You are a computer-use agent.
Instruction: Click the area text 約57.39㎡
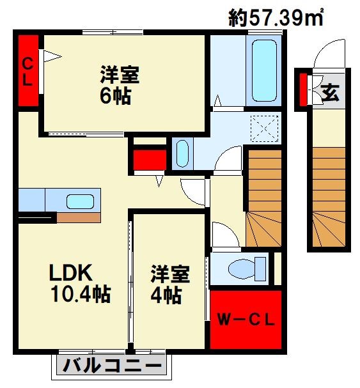[x=276, y=17]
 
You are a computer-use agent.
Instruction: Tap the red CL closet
[x=28, y=70]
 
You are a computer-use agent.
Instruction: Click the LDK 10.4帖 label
[x=80, y=283]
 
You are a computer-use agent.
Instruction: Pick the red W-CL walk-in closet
[x=246, y=320]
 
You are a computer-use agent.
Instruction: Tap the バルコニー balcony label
[x=112, y=365]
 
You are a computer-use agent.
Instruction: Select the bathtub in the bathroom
[x=264, y=70]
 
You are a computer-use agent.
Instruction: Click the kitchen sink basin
[x=80, y=201]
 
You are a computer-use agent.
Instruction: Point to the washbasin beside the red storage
[x=182, y=153]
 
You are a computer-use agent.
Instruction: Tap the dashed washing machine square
[x=265, y=128]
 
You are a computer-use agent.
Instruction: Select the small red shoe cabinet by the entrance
[x=303, y=89]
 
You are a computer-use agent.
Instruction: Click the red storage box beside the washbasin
[x=150, y=160]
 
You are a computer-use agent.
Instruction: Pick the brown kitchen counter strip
[x=79, y=218]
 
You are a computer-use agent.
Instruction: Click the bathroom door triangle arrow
[x=217, y=100]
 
